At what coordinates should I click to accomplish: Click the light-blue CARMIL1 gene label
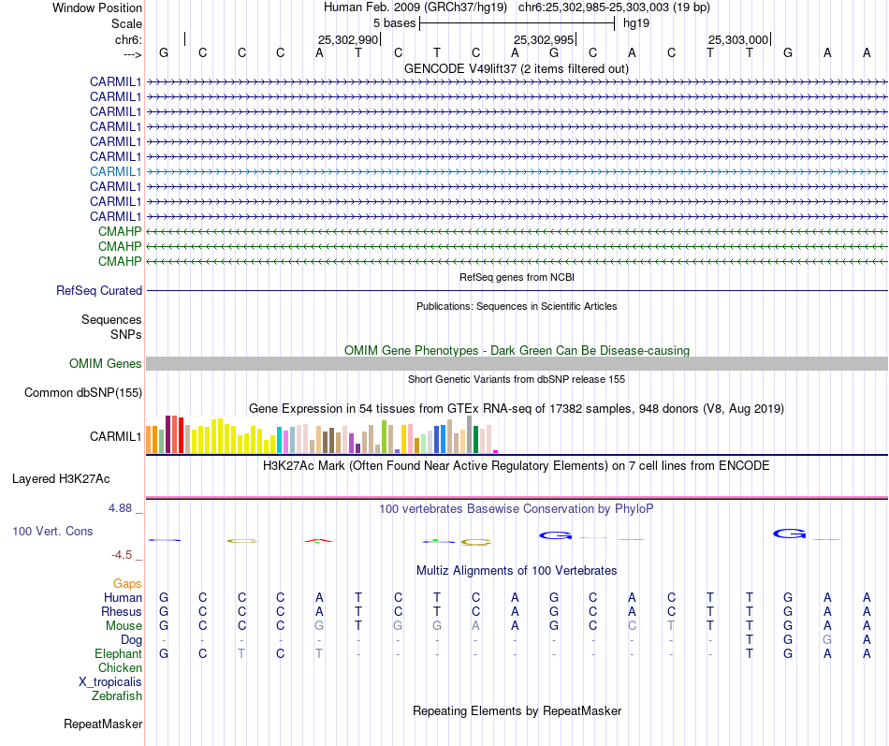point(115,171)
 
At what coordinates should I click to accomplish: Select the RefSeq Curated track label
point(99,291)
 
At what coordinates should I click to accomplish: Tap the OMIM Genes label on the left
point(106,364)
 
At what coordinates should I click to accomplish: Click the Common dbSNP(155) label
point(82,393)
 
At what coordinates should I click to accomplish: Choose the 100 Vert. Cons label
point(52,532)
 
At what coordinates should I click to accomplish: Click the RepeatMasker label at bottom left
point(103,724)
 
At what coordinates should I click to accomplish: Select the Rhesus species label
point(122,612)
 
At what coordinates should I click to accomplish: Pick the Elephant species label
point(119,654)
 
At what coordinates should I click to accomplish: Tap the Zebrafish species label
point(117,696)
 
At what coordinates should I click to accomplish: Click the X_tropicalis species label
point(110,682)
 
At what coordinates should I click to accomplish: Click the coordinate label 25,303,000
point(737,40)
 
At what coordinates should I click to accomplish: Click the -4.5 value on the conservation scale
point(123,555)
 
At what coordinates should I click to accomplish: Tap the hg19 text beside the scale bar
point(636,22)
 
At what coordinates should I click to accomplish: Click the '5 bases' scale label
point(395,22)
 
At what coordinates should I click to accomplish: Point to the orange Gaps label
point(127,584)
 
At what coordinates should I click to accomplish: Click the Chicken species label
point(120,668)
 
